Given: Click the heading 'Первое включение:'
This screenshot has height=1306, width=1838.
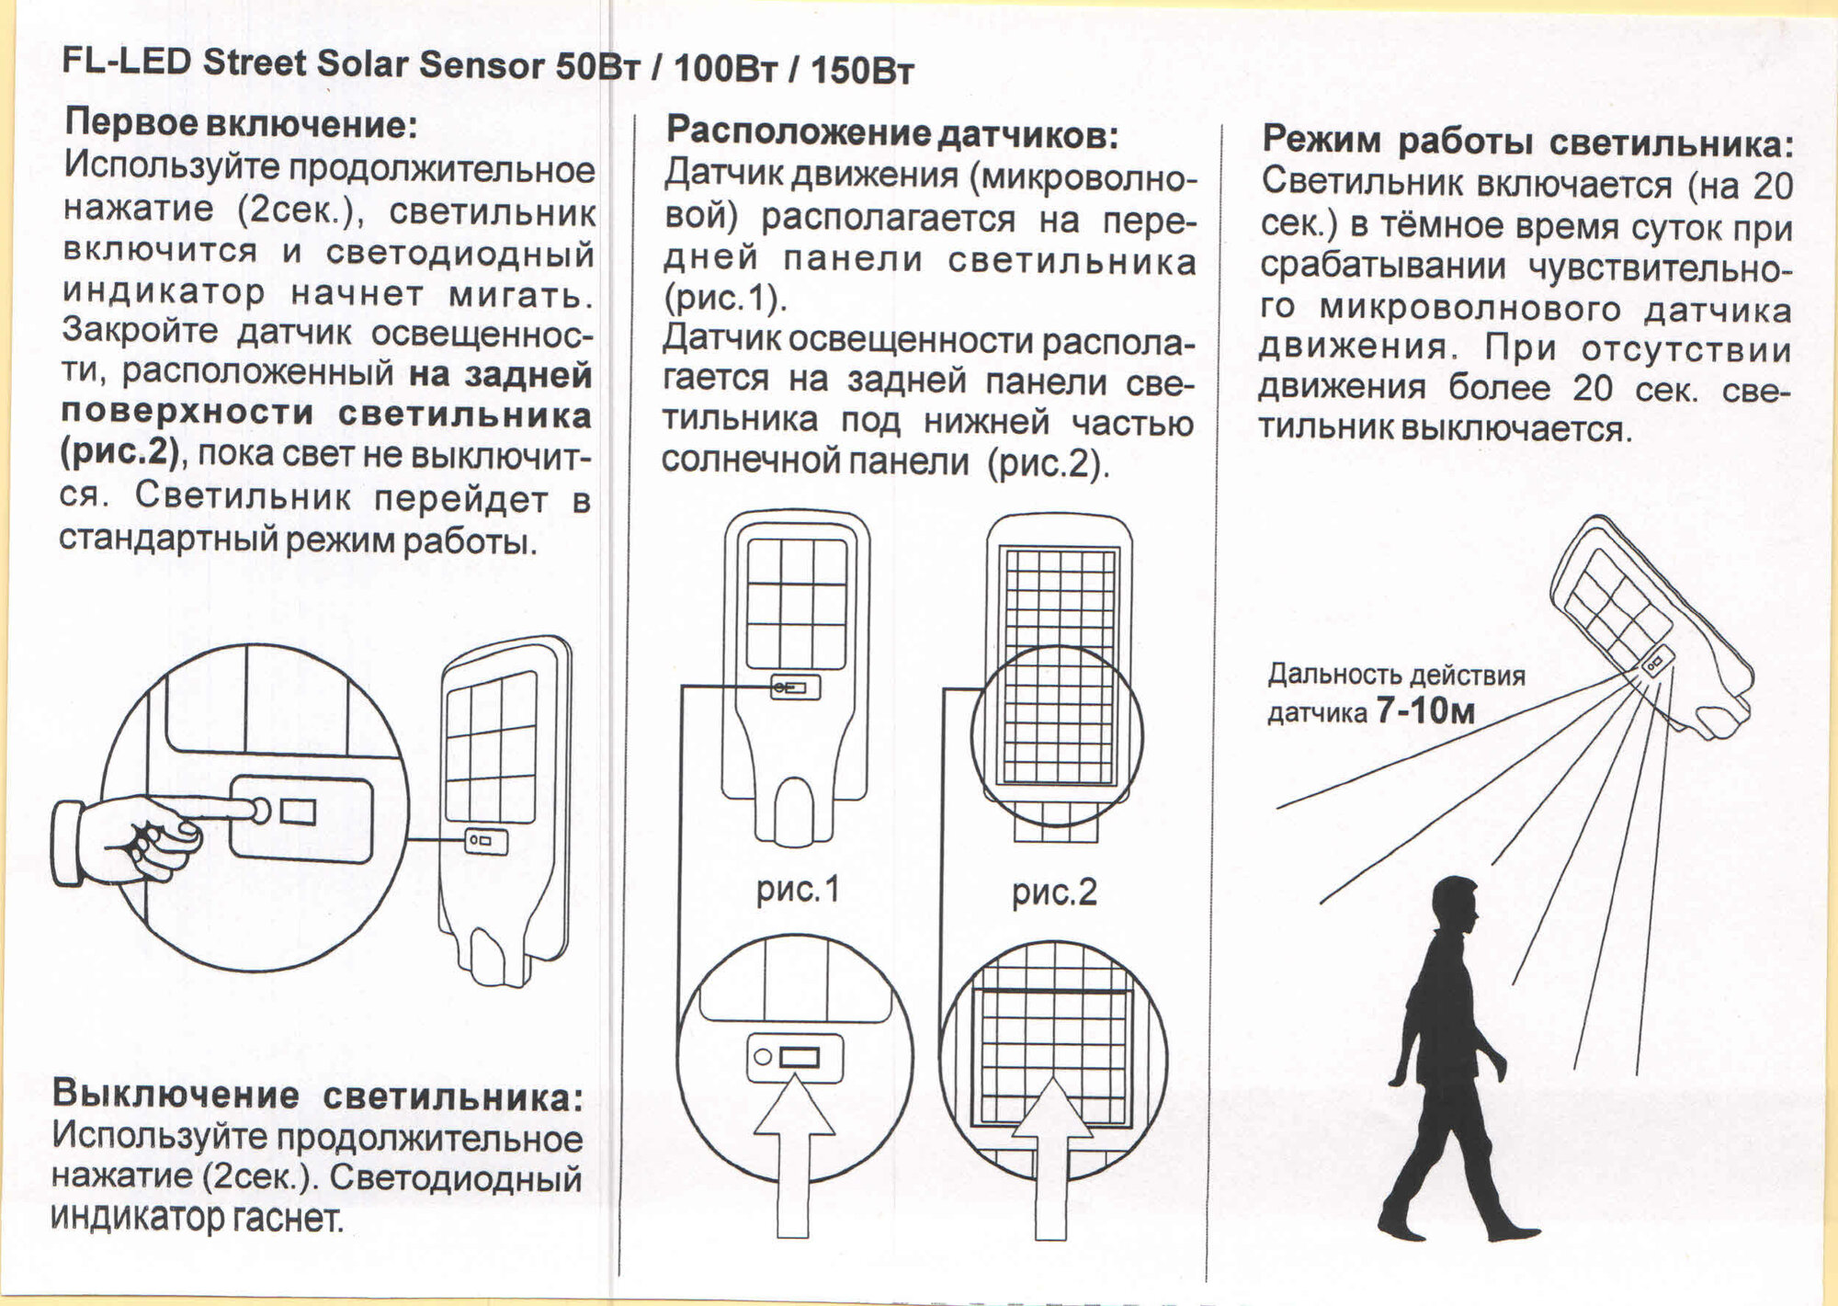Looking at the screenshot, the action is pos(241,124).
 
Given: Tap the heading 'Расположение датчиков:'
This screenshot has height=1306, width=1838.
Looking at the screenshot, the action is pos(891,133).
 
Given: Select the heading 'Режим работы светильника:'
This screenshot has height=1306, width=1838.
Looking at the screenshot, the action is pos(1527,142).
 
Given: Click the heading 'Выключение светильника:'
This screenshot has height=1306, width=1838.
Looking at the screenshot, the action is pos(317,1095).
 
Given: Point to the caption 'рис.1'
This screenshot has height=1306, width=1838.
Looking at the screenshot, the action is pos(798,890).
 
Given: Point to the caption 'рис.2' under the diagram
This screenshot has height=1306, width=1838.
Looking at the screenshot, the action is pos(1054,891).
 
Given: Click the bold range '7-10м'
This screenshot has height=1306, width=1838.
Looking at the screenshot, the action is pos(1424,710).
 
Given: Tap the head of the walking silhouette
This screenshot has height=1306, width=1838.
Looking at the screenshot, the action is pos(1456,905).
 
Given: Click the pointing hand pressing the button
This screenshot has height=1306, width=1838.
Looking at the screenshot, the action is pos(129,838).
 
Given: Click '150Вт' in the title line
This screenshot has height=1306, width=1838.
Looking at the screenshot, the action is pos(862,70).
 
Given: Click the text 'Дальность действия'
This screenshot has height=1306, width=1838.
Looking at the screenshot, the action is pos(1396,676).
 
